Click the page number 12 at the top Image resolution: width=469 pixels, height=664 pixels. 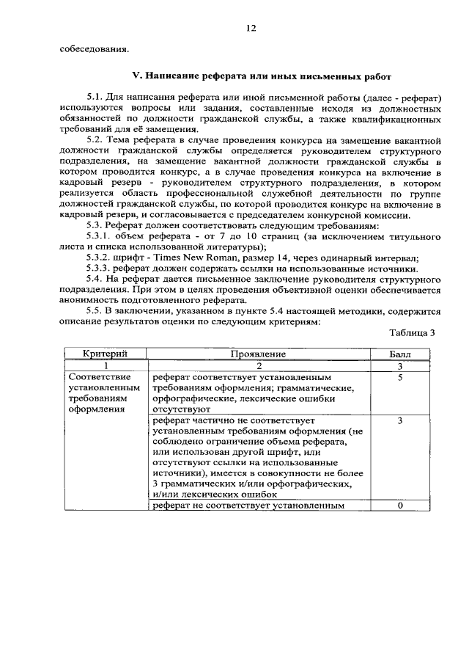pyautogui.click(x=251, y=28)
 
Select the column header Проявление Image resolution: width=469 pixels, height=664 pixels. pyautogui.click(x=258, y=354)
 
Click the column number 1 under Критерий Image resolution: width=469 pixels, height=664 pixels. pyautogui.click(x=106, y=365)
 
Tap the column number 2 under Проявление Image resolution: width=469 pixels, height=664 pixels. pyautogui.click(x=258, y=365)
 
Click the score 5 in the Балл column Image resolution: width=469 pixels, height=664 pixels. pyautogui.click(x=400, y=378)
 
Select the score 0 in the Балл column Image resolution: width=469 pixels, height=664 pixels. pyautogui.click(x=400, y=506)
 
